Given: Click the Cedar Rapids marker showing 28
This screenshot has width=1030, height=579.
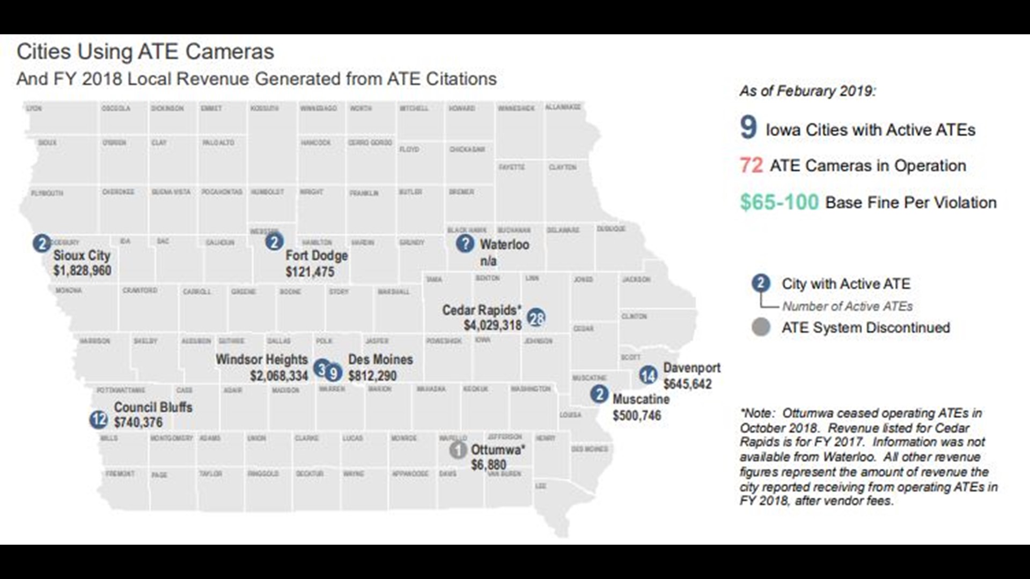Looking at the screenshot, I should tap(536, 318).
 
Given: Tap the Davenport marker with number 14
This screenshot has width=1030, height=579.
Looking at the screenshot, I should tap(648, 375).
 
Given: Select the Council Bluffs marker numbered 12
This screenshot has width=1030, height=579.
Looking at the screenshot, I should tap(99, 419).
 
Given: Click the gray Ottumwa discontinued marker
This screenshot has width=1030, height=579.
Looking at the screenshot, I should tap(458, 450).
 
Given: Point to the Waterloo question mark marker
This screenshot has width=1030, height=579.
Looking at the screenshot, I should tap(465, 243).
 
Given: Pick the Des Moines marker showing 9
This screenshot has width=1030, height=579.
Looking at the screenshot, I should tap(333, 373).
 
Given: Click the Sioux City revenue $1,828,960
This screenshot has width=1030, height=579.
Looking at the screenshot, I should tap(82, 270).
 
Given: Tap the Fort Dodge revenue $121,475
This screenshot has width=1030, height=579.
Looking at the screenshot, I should tap(310, 272).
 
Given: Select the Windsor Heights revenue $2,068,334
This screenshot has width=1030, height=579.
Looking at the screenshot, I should tap(279, 376).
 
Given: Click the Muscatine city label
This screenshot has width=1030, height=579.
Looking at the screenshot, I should tap(641, 399).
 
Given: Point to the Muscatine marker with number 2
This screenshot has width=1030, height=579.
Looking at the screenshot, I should tap(599, 395).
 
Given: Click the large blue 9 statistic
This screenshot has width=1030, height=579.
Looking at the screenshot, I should tap(748, 128).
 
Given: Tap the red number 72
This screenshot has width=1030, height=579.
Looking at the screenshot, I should tap(751, 165).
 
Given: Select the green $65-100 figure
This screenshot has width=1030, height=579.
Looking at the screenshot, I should tap(779, 202).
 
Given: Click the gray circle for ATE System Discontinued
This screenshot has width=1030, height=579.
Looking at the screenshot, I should tap(761, 327).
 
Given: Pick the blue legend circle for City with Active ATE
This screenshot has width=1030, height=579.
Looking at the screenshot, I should tap(761, 283).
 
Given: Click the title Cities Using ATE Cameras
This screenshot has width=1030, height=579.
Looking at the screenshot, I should tap(145, 52).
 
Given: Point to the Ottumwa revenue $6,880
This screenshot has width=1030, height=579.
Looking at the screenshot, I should tap(488, 465).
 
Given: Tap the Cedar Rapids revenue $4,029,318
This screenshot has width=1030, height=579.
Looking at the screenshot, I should tap(492, 325).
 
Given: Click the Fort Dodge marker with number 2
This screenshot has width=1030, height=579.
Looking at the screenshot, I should tap(274, 242).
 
